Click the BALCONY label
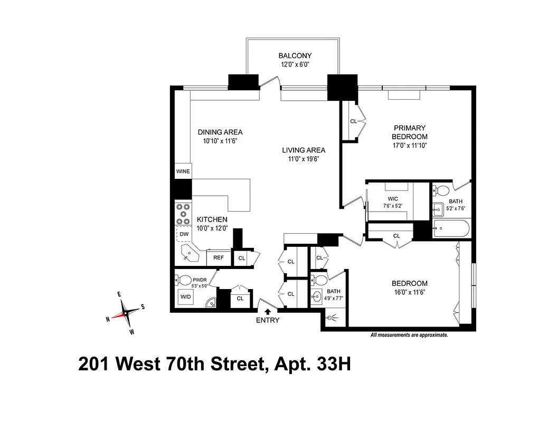click(x=295, y=55)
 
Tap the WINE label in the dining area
click(x=183, y=171)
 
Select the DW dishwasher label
click(x=184, y=234)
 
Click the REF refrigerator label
click(x=219, y=257)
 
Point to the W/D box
click(x=186, y=297)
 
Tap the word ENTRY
click(x=268, y=320)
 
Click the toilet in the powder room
click(x=185, y=279)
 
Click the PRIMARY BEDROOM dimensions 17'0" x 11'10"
click(x=409, y=146)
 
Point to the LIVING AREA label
click(x=304, y=150)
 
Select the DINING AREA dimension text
click(x=220, y=141)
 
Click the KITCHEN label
click(x=212, y=219)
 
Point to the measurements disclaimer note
click(x=409, y=335)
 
